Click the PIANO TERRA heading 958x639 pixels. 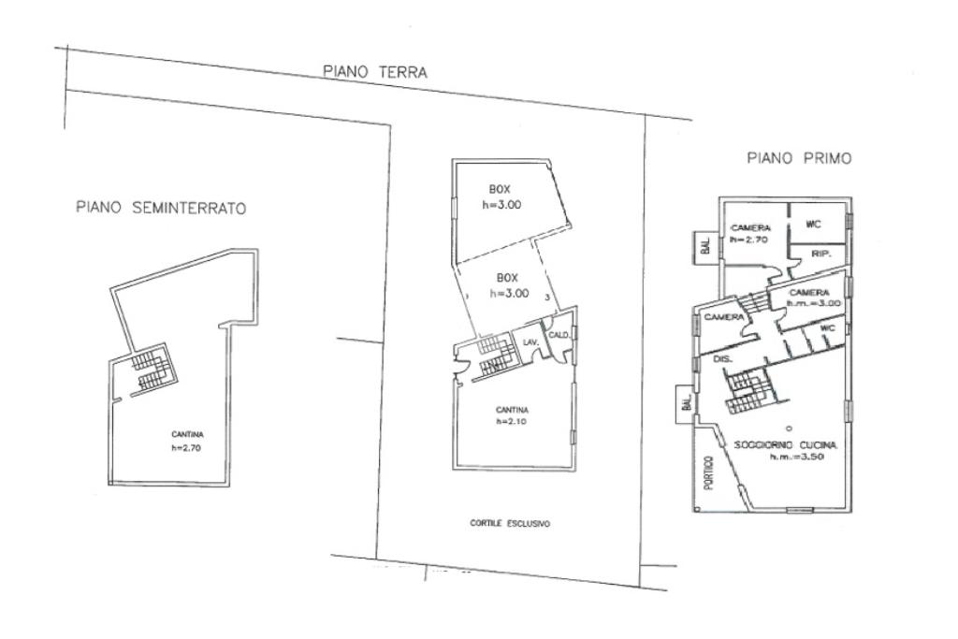tap(374, 71)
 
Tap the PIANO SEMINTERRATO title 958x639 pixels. tap(161, 209)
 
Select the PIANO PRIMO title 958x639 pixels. tap(799, 159)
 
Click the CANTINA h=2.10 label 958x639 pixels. tap(513, 415)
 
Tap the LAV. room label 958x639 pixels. tap(530, 343)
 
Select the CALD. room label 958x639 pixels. tap(559, 335)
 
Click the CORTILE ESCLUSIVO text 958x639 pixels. tap(510, 524)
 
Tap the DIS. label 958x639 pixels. tap(721, 358)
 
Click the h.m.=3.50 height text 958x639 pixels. tap(795, 457)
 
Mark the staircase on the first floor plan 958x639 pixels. tap(748, 390)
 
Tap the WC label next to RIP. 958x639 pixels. tap(812, 225)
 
